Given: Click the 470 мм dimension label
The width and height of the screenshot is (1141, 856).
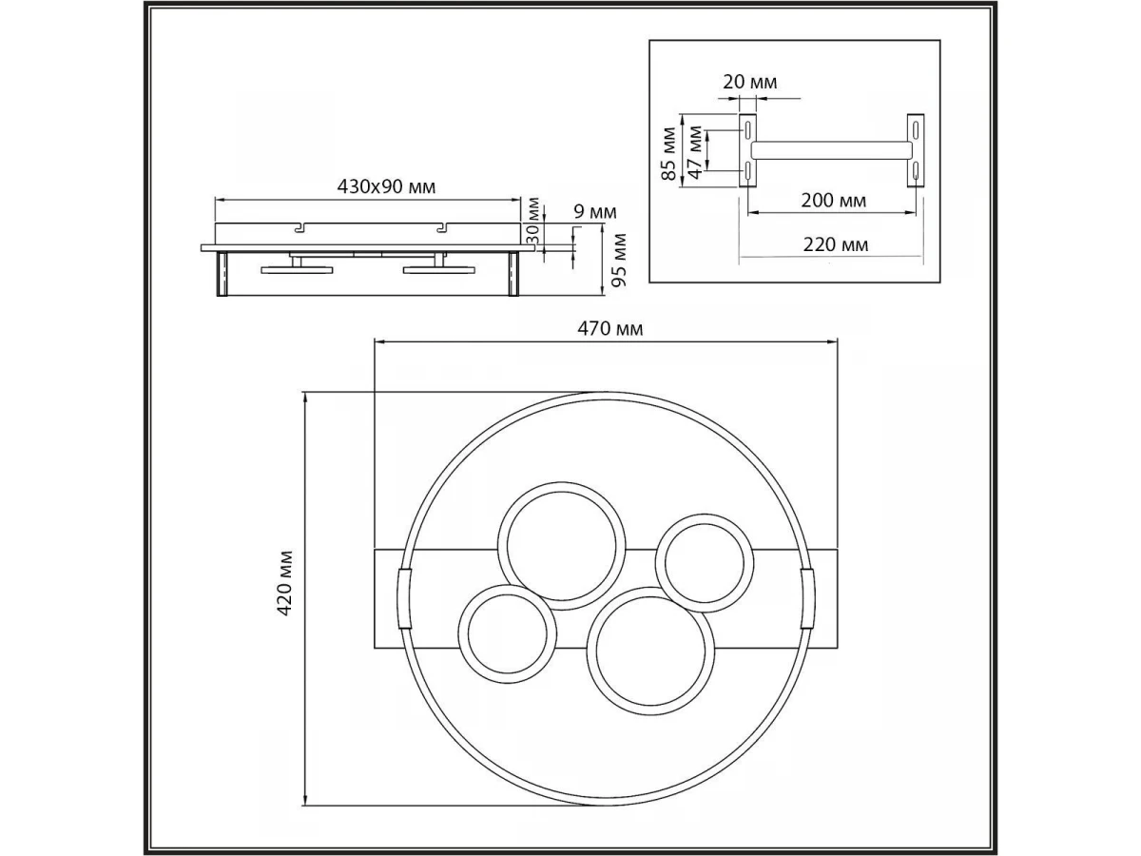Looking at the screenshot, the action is coord(609,329).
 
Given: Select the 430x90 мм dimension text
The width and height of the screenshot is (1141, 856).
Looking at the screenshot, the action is coord(386,186).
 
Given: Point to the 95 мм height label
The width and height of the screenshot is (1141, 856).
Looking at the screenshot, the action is coord(619,260).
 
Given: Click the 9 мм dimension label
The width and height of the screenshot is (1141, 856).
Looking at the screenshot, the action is coord(595,212).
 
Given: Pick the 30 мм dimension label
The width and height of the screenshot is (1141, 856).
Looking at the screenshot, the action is coord(532,221).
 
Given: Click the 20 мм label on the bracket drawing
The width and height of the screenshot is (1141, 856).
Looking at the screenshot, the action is coord(749,82).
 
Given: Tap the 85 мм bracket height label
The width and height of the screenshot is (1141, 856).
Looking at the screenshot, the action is coord(669,154).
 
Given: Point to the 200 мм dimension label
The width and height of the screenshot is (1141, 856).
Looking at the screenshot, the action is coord(833,201).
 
